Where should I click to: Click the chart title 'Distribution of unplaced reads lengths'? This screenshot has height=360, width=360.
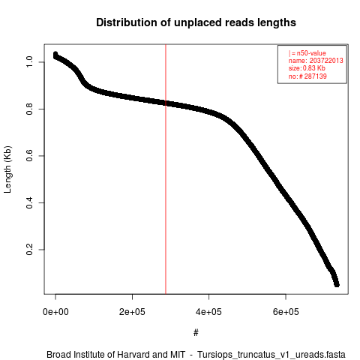196,22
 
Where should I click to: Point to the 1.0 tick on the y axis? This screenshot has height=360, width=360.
29,61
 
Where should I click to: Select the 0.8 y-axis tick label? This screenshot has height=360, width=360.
29,109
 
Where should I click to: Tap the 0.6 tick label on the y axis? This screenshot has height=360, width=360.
29,156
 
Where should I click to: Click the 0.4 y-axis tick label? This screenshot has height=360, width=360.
29,202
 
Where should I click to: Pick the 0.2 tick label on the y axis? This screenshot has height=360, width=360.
29,250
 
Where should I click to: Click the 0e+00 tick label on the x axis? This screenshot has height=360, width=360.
55,312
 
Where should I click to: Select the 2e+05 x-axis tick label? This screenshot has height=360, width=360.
132,312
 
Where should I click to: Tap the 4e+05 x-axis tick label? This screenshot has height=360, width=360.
208,312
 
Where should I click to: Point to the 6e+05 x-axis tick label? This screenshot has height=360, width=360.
286,312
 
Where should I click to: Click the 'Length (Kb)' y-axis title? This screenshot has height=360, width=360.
7,169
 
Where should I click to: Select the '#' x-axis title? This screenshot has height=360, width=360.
196,333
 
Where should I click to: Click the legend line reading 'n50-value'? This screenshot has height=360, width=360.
307,53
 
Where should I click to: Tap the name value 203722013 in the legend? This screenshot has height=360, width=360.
326,61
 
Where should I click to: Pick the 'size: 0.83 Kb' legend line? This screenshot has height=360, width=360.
307,68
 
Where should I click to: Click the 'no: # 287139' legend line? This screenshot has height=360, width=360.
307,76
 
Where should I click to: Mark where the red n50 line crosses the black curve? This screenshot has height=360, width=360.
166,103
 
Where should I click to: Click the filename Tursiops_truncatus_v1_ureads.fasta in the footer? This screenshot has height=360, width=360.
271,355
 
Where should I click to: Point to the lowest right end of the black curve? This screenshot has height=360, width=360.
337,284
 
